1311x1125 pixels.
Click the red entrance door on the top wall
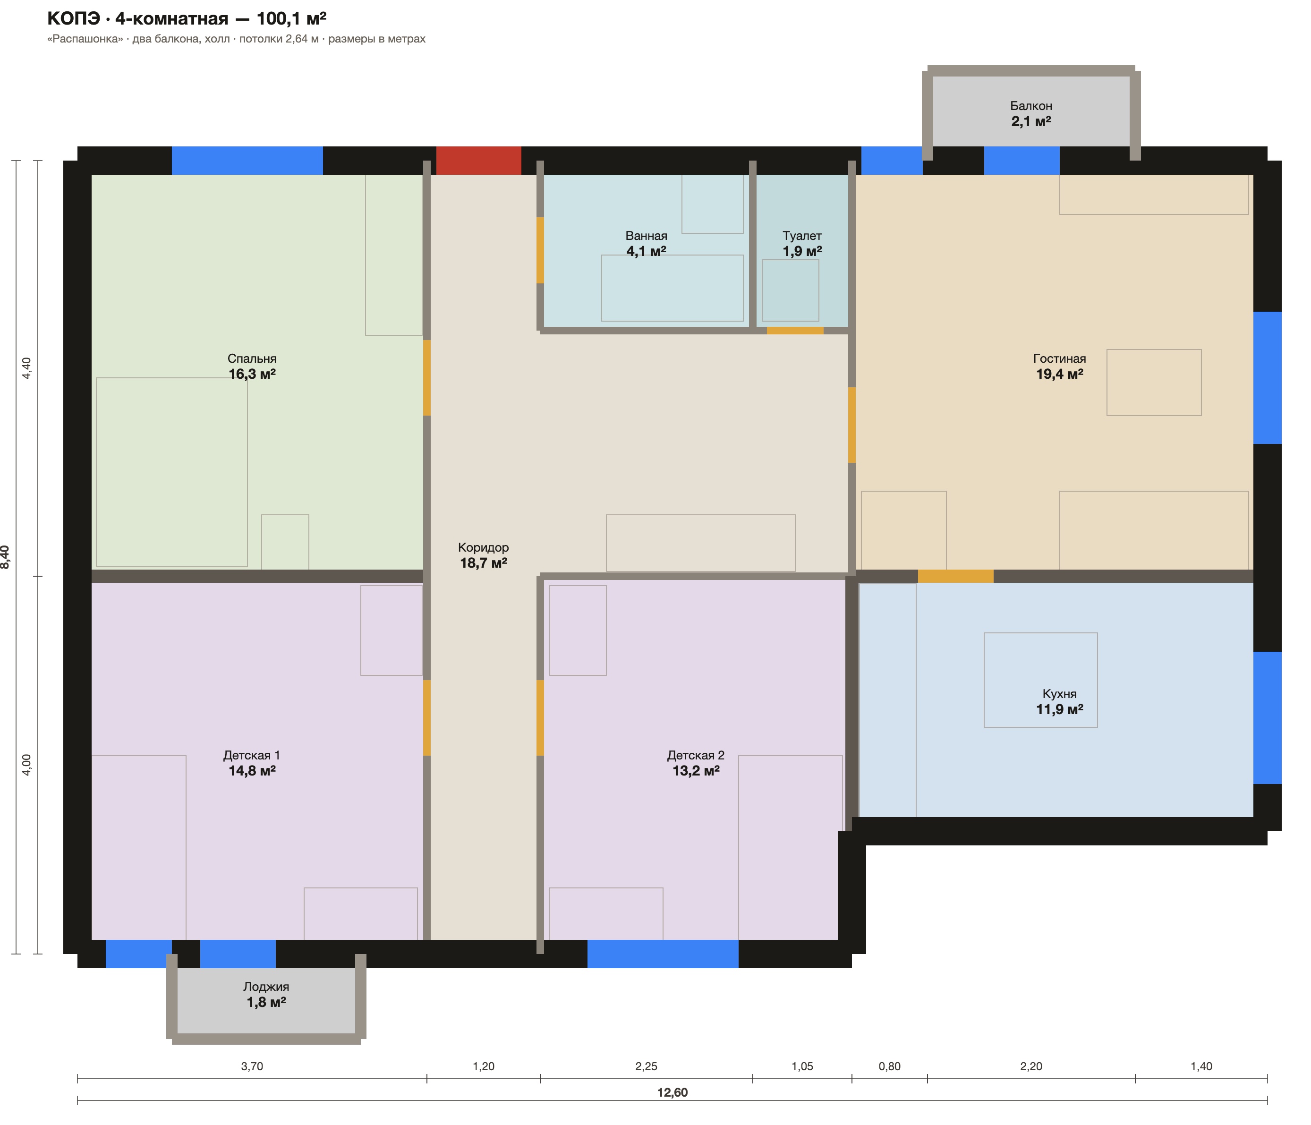(x=478, y=161)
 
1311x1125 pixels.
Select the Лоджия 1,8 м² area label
(x=266, y=994)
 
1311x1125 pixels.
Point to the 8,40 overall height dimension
(x=5, y=557)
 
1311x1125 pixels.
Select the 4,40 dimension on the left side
(x=26, y=368)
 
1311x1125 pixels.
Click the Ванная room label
(x=646, y=236)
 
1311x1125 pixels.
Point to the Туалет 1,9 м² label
(x=802, y=244)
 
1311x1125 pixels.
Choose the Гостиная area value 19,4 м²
(x=1059, y=374)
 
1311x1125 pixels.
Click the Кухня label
(x=1059, y=694)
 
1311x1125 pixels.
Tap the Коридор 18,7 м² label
(x=484, y=555)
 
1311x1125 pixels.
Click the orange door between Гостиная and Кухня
(x=955, y=576)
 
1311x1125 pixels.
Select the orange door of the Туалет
(x=795, y=330)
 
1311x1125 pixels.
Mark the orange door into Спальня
(x=427, y=378)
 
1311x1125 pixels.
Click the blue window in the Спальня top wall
(x=247, y=161)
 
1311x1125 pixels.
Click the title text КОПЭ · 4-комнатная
(x=138, y=19)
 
